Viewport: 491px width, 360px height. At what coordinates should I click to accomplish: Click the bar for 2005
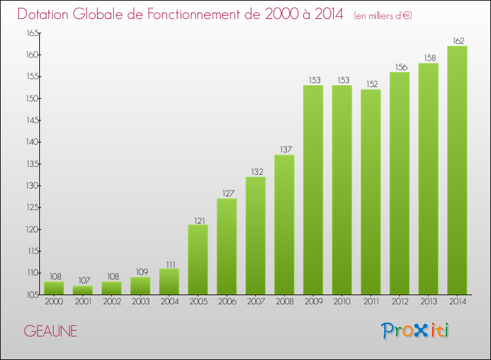pyautogui.click(x=198, y=259)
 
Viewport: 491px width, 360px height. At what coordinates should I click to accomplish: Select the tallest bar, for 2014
pyautogui.click(x=457, y=170)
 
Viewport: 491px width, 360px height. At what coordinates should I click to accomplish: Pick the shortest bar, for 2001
pyautogui.click(x=82, y=290)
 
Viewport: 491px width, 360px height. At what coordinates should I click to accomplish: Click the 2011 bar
pyautogui.click(x=371, y=192)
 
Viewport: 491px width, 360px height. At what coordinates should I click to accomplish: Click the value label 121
pyautogui.click(x=198, y=220)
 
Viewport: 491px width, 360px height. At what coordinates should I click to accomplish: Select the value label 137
pyautogui.click(x=284, y=150)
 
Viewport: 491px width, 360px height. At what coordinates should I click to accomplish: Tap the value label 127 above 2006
pyautogui.click(x=227, y=194)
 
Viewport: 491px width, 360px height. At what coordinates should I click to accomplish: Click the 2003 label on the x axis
pyautogui.click(x=140, y=302)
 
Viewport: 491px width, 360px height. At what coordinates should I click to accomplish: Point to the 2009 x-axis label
pyautogui.click(x=313, y=302)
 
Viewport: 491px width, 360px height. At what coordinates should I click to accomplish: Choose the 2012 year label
pyautogui.click(x=399, y=302)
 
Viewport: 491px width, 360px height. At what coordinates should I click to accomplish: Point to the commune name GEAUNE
pyautogui.click(x=50, y=331)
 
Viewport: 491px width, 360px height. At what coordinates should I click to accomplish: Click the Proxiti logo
pyautogui.click(x=415, y=331)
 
